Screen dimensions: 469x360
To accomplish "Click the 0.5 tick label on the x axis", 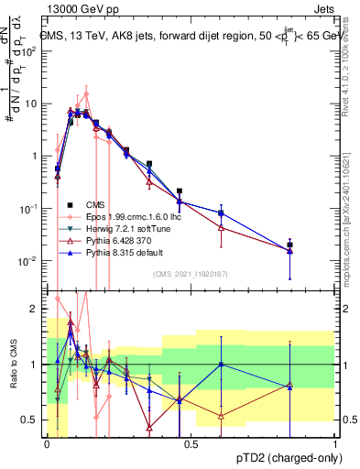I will pos(191,442).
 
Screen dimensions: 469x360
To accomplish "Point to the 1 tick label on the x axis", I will pos(335,442).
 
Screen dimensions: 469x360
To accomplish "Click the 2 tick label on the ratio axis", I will pos(35,309).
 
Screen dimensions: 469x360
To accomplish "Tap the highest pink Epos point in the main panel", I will pos(86,93).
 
